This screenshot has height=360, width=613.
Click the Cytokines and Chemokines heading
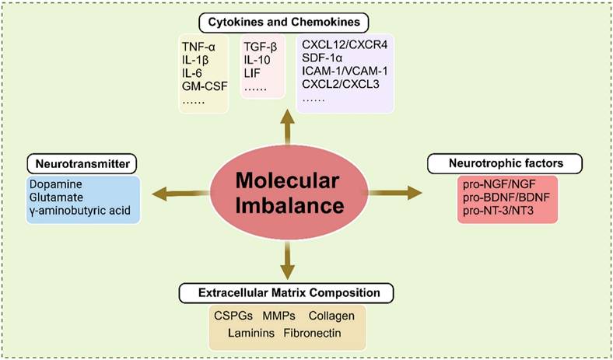tap(288, 21)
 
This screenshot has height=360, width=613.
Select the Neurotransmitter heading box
tap(82, 163)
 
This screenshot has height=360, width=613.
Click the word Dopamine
tap(55, 184)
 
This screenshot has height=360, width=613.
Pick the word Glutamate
tap(55, 197)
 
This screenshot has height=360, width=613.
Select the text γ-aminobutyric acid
tap(79, 211)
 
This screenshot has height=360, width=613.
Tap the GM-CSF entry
tap(203, 88)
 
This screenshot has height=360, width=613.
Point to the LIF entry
tap(253, 75)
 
